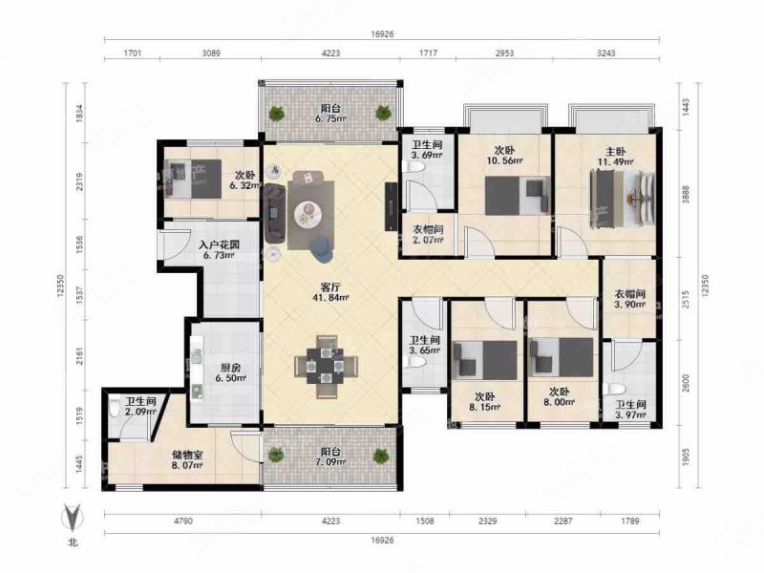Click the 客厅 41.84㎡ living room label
point(330,292)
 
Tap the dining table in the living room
point(326,367)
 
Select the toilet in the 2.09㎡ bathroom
point(115,408)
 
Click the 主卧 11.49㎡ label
point(616,157)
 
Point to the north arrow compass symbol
point(73,518)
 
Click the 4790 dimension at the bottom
point(183,520)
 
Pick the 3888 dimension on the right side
point(686,194)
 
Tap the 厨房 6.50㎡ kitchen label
point(230,372)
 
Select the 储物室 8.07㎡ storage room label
point(187,460)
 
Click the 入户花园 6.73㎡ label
point(220,249)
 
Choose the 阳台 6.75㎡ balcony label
point(330,113)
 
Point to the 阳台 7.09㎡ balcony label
point(330,456)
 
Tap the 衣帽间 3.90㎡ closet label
point(629,299)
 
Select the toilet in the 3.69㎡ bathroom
point(414,166)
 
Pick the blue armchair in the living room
point(322,249)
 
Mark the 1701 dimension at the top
point(133,53)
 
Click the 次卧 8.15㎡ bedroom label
point(484,401)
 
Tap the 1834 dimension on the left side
point(80,113)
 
